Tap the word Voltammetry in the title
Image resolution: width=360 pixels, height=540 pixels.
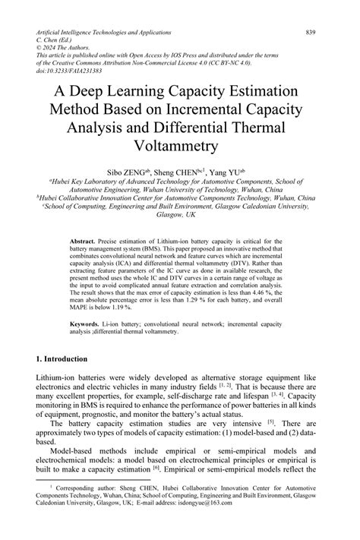(x=179, y=145)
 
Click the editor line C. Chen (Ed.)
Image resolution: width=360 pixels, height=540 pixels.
(x=58, y=42)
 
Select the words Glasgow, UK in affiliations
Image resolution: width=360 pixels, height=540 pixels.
(x=179, y=215)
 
